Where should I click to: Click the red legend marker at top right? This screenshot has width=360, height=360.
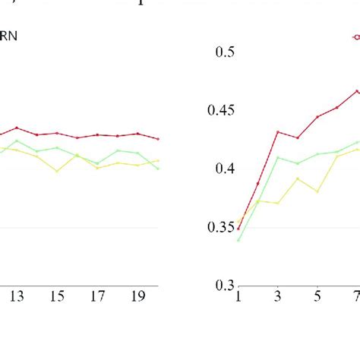[x=355, y=36]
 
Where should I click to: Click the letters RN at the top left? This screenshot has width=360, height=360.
[x=9, y=35]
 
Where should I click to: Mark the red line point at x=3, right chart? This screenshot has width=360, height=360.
[x=278, y=131]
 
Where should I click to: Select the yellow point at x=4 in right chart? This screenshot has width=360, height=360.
[x=298, y=178]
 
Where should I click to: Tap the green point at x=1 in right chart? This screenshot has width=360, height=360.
[x=238, y=240]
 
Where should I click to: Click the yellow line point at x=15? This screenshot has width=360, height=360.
[x=57, y=171]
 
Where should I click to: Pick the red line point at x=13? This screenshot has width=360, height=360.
[x=17, y=128]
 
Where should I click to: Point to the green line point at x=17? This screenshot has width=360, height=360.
[x=97, y=163]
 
